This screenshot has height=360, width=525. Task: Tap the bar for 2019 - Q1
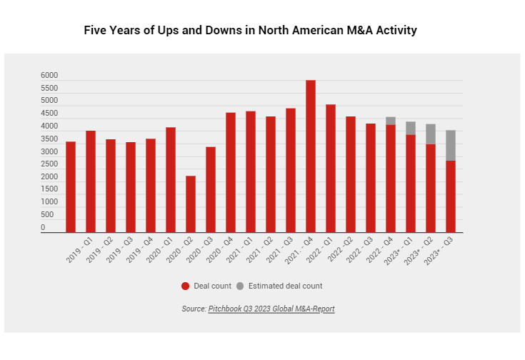pos(71,186)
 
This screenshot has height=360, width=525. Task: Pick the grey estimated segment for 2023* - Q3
pos(451,145)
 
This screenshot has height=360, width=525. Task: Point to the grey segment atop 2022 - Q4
pos(391,121)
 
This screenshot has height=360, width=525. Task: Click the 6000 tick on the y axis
pos(49,76)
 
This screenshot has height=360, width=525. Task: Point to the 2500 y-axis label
pos(49,164)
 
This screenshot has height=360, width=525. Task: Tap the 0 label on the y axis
pos(43,228)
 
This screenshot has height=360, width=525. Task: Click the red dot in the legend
pos(186,286)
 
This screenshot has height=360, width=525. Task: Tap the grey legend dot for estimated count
pos(240,286)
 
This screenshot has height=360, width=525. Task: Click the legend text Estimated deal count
pos(285,286)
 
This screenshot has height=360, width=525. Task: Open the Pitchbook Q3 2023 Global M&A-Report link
pos(271,309)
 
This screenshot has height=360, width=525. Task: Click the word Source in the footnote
pos(193,309)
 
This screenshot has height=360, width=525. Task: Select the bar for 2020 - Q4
pos(231,172)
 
